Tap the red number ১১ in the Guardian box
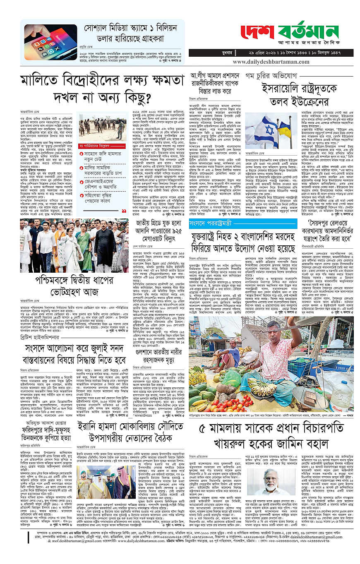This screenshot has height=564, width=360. click(124, 211)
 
